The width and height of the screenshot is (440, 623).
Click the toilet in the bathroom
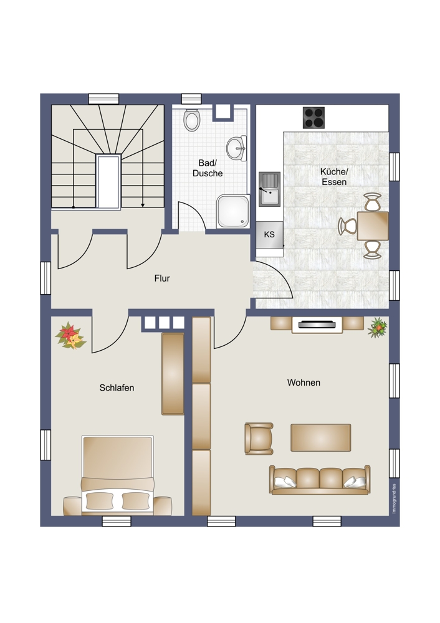(x=191, y=120)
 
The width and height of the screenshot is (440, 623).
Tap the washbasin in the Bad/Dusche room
(x=237, y=148)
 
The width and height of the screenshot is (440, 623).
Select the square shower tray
(x=233, y=211)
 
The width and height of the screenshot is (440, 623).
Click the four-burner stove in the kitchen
(x=313, y=118)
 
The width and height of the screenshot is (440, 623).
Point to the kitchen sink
(x=269, y=189)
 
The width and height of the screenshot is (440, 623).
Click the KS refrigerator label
(x=269, y=234)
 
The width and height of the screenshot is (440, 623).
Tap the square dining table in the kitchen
(x=373, y=226)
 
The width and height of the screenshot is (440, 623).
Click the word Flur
(x=162, y=278)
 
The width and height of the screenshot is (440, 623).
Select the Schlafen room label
(x=117, y=388)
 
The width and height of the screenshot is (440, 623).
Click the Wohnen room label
(x=304, y=383)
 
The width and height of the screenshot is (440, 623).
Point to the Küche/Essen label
(x=334, y=177)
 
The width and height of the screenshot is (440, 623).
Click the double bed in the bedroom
(x=117, y=475)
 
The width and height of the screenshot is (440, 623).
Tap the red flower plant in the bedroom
(x=70, y=336)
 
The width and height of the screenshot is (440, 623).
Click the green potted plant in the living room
(x=378, y=328)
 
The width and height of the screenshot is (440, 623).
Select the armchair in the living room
(x=259, y=438)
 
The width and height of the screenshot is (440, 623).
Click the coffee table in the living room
(x=321, y=437)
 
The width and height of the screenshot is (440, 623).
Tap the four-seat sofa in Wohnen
(x=320, y=480)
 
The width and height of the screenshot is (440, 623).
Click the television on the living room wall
(x=317, y=325)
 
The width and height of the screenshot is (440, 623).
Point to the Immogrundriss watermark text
(x=394, y=498)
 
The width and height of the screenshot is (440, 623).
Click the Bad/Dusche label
(x=208, y=168)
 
